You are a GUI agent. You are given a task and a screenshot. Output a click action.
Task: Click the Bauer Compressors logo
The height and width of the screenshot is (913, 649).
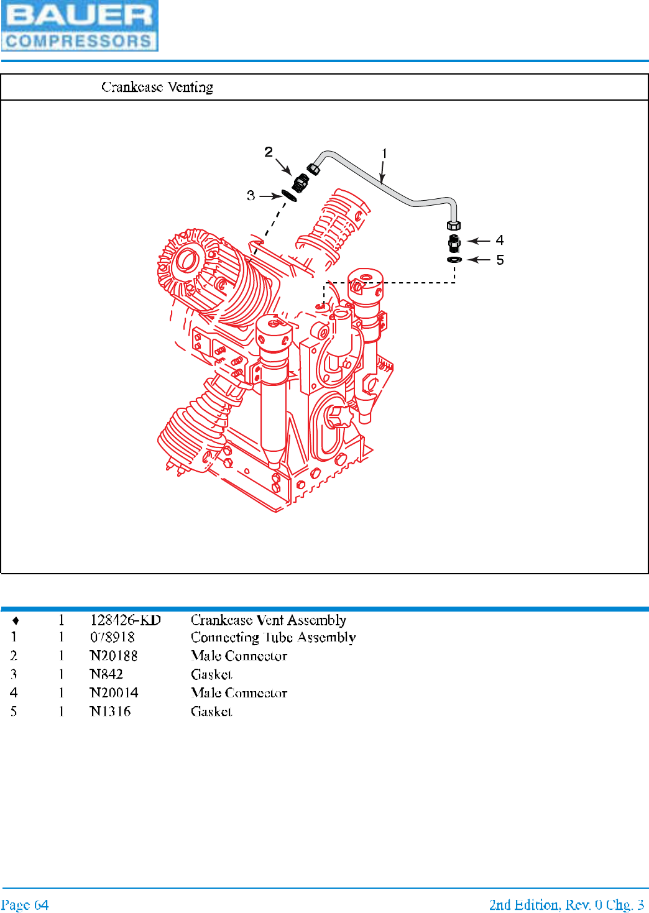coord(80,26)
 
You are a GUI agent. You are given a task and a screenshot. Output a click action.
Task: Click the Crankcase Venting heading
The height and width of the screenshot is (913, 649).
coord(157,87)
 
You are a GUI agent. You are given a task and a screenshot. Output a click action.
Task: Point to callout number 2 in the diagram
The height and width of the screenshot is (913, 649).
coord(269,152)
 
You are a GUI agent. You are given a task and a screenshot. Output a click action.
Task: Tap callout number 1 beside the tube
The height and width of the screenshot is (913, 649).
coord(384,154)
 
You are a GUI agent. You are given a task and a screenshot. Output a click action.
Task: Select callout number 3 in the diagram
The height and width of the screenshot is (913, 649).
coord(251,196)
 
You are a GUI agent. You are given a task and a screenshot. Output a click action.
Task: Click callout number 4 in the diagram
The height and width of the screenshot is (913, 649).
coord(500,241)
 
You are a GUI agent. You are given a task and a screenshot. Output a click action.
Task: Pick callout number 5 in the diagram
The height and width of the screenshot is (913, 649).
coord(500,260)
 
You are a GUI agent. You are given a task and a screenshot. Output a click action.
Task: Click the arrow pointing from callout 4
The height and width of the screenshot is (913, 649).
coord(479,241)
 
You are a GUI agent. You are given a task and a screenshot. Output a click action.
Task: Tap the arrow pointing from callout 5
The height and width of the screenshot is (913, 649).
coord(479,260)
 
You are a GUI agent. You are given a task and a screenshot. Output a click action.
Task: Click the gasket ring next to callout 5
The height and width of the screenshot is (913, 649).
coord(454,259)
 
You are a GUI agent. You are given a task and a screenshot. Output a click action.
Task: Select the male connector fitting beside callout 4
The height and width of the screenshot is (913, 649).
coord(454,242)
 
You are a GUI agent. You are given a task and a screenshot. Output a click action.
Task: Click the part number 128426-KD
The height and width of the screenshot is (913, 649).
coord(125,620)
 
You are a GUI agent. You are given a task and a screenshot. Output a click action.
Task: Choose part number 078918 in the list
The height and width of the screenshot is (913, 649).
coord(113,638)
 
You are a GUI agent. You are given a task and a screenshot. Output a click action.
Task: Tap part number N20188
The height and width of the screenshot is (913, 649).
coord(114,656)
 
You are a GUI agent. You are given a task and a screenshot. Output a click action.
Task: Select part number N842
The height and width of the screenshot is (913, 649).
coord(106,674)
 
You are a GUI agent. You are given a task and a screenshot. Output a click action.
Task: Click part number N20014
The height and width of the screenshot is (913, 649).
coord(114,693)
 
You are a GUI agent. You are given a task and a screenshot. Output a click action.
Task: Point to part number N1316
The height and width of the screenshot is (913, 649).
coord(110,712)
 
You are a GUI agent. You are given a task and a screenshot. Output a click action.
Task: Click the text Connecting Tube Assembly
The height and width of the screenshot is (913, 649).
coord(273,638)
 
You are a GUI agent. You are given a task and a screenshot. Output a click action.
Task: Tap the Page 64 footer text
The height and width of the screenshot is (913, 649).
coord(25,905)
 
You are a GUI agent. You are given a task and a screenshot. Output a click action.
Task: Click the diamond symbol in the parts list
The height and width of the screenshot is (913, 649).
coord(16,621)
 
